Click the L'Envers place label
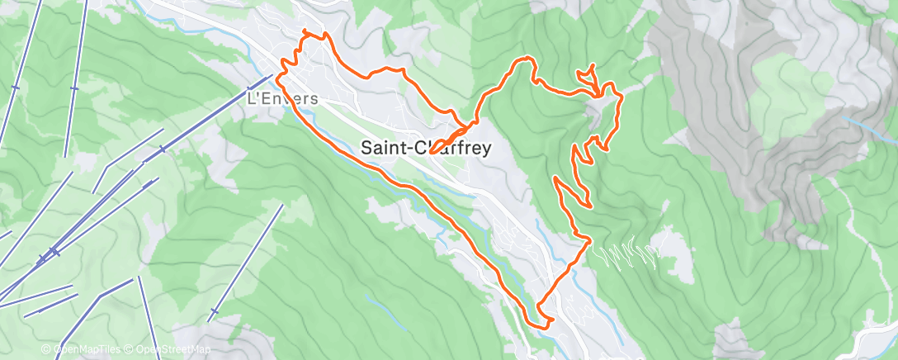(283, 97)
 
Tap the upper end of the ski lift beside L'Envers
(272, 77)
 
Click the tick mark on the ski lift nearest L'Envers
(162, 149)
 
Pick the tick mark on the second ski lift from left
(73, 88)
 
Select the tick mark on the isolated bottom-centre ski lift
(215, 311)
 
